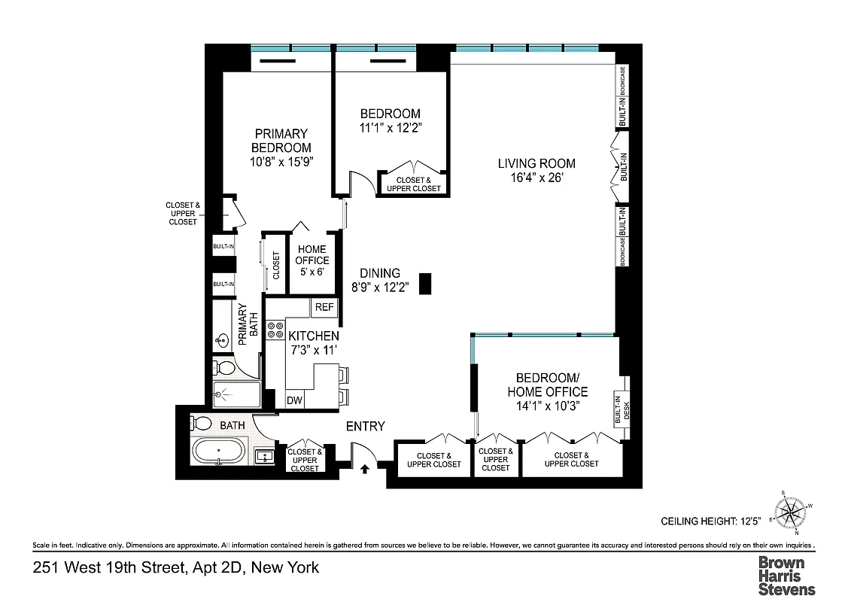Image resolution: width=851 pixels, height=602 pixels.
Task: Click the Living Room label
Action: point(536,163)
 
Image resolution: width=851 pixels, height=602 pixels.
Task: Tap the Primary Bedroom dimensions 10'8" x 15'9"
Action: point(281,161)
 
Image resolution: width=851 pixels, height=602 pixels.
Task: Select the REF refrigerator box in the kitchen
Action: point(324,307)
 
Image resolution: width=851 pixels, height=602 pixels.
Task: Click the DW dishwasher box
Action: point(294,400)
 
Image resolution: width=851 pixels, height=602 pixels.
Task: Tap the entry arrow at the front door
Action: point(365,469)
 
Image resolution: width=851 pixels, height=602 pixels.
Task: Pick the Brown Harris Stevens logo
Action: point(786,576)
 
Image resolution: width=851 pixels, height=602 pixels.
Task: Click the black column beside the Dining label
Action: point(425,283)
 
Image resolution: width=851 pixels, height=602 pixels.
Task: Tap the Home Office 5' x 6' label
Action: point(312,260)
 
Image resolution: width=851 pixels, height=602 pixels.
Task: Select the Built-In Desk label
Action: point(622,412)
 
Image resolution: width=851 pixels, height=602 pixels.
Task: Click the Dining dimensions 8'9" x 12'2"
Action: point(379,287)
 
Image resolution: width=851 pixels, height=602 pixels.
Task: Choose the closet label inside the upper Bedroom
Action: point(413,184)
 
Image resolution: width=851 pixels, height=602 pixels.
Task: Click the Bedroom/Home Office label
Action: point(547,385)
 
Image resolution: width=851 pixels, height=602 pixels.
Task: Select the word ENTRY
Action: point(365,426)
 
